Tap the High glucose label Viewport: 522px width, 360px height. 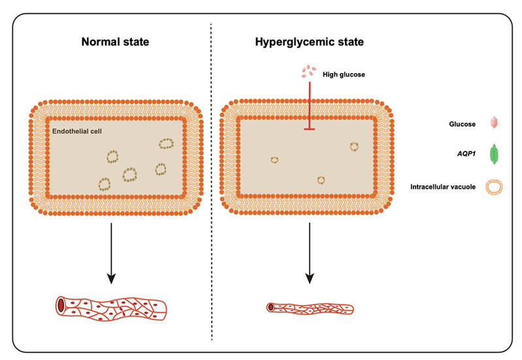point(343,74)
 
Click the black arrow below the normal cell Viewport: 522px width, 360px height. point(112,252)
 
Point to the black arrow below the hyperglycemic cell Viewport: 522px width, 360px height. point(309,252)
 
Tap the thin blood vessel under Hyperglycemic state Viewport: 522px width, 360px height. point(310,307)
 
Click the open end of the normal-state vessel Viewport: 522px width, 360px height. point(61,304)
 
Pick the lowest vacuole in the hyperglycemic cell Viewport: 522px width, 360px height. point(321,180)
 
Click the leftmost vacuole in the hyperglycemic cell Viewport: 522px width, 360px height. point(275,159)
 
